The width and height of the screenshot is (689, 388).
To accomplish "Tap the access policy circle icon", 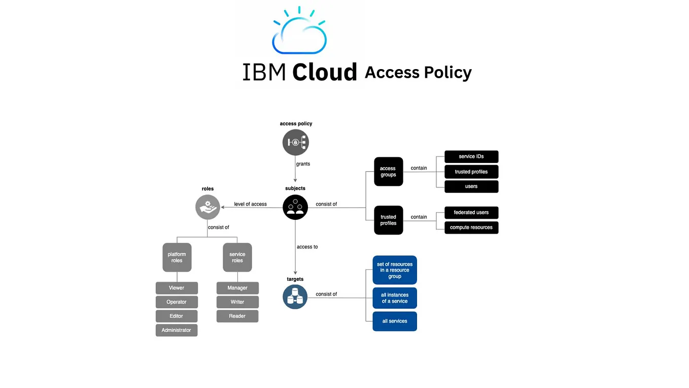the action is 296,142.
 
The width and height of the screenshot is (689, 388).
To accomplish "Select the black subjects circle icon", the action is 295,207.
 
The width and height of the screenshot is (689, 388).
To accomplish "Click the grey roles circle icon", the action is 208,207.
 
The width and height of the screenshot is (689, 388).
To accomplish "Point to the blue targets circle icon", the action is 295,297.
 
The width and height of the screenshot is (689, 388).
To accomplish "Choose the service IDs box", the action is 471,156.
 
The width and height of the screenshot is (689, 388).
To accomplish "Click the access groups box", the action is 388,172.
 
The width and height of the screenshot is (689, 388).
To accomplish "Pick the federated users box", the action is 471,212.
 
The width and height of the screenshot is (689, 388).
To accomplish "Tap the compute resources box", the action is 471,228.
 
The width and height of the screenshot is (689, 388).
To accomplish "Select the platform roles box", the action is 177,257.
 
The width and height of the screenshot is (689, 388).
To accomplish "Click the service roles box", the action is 237,257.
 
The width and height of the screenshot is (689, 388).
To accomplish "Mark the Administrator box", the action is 177,330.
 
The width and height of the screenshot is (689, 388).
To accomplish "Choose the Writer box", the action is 237,302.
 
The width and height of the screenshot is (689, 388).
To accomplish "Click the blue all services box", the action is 395,321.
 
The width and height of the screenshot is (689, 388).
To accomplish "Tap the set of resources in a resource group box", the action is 395,270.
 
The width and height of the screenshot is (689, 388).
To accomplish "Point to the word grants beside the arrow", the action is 303,164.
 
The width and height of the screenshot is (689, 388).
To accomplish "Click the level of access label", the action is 250,204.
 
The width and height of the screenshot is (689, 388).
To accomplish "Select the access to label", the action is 307,247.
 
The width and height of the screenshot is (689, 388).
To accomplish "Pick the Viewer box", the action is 177,288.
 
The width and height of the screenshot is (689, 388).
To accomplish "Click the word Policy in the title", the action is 448,73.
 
